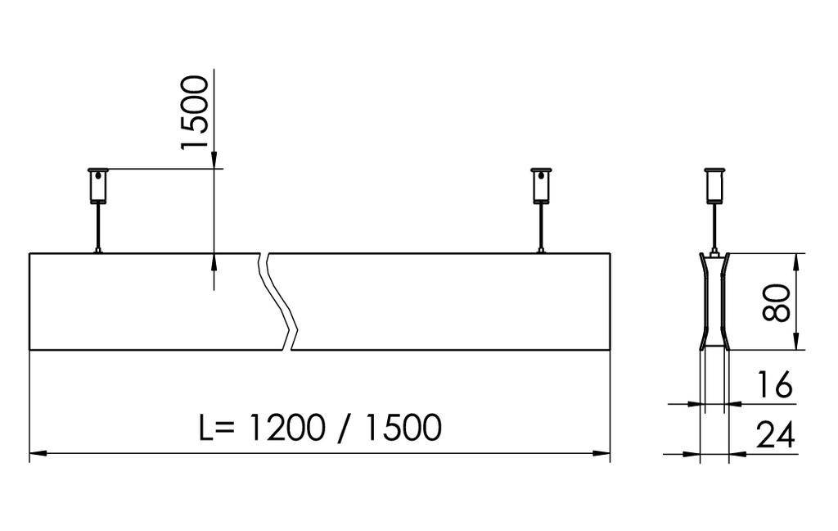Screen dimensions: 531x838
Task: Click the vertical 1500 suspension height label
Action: (x=195, y=112)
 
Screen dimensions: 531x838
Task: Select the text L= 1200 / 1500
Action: (x=320, y=428)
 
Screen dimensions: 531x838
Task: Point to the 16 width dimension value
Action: (x=773, y=385)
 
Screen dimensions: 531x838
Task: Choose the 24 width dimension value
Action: (x=774, y=436)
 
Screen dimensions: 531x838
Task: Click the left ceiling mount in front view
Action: (x=97, y=185)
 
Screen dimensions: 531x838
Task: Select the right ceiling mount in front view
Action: (x=541, y=185)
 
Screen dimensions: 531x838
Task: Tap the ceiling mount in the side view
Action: (x=714, y=185)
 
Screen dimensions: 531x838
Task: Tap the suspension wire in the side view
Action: (x=714, y=227)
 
